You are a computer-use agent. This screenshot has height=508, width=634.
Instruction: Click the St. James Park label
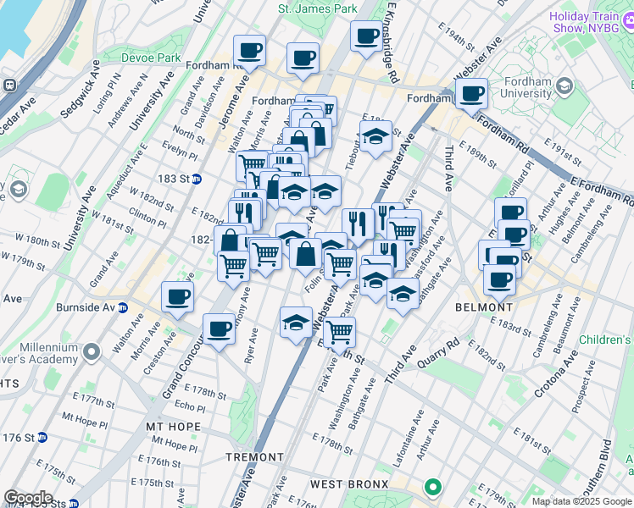[318, 8]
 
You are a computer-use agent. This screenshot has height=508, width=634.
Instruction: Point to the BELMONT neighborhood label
[484, 306]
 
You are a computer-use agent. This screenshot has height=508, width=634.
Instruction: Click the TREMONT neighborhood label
[255, 457]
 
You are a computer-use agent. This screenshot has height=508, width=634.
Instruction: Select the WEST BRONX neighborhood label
[348, 484]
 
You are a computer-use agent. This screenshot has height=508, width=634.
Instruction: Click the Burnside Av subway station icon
[123, 306]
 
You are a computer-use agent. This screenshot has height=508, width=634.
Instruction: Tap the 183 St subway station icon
[197, 179]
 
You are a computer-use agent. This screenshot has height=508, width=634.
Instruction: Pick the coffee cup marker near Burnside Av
[178, 296]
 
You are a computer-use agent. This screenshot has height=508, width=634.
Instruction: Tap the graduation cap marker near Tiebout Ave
[374, 136]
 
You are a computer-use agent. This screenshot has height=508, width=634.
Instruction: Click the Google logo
[28, 498]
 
